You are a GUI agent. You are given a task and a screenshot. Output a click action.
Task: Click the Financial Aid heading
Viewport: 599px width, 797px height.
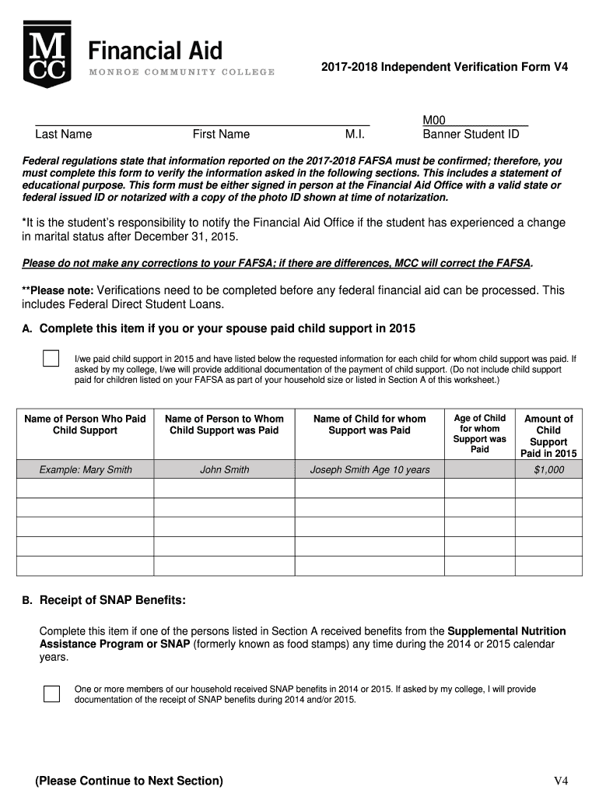coord(155,51)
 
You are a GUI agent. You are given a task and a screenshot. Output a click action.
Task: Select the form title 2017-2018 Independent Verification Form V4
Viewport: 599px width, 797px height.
coord(444,68)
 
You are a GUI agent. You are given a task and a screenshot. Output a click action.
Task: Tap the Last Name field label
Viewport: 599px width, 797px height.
coord(63,134)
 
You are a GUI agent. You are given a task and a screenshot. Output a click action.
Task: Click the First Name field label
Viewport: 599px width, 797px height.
coord(221,134)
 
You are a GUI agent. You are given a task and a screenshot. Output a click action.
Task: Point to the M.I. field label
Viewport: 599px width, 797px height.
coord(355,134)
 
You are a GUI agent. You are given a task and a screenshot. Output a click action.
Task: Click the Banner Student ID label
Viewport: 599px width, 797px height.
coord(470,134)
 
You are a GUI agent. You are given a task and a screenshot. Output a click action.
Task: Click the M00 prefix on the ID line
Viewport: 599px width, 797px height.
coord(433,120)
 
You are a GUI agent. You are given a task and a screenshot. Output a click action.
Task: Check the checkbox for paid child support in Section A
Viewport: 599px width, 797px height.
coord(51,359)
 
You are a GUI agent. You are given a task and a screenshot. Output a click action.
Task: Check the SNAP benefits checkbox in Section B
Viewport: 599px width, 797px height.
coord(51,693)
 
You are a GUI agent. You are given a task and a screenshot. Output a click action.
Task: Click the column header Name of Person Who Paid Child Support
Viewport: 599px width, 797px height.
coord(85,424)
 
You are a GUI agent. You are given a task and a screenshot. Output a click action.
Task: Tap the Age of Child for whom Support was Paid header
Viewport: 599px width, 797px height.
coord(479,434)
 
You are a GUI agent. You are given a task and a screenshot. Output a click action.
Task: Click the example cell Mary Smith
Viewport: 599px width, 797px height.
coord(85,469)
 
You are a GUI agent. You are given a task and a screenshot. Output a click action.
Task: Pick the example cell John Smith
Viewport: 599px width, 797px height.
coord(224,469)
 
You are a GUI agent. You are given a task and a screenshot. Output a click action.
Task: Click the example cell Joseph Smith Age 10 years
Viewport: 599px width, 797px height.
coord(370,469)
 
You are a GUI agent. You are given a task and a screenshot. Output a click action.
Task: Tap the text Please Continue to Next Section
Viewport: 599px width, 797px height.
coord(128,781)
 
